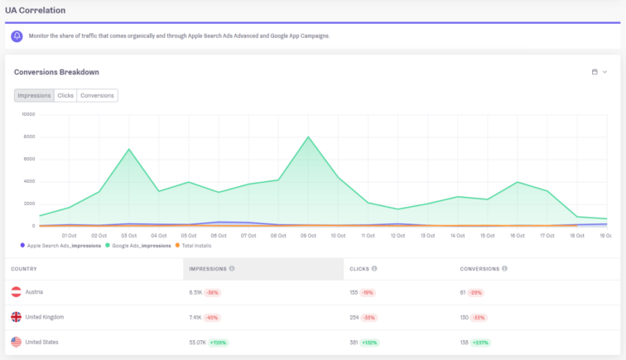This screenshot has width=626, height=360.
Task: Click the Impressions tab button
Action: pyautogui.click(x=34, y=95)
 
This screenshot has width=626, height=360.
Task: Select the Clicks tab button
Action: pyautogui.click(x=65, y=95)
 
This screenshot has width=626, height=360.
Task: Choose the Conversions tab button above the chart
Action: pyautogui.click(x=97, y=95)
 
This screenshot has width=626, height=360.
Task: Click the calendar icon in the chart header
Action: pyautogui.click(x=595, y=72)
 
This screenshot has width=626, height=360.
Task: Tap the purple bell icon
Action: pyautogui.click(x=17, y=36)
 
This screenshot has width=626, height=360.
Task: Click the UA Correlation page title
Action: pyautogui.click(x=35, y=10)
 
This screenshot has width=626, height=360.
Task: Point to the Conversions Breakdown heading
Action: pyautogui.click(x=56, y=72)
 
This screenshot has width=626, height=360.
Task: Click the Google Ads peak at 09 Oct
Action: pyautogui.click(x=309, y=137)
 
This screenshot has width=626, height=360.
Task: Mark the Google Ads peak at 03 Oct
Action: pyautogui.click(x=129, y=150)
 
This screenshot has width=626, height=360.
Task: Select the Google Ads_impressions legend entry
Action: pyautogui.click(x=139, y=245)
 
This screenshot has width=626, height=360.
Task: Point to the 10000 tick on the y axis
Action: pyautogui.click(x=28, y=114)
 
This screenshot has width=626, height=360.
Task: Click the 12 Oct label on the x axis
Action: pyautogui.click(x=398, y=236)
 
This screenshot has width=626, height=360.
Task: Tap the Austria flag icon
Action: pyautogui.click(x=16, y=292)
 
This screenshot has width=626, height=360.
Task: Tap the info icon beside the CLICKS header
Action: pyautogui.click(x=375, y=268)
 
